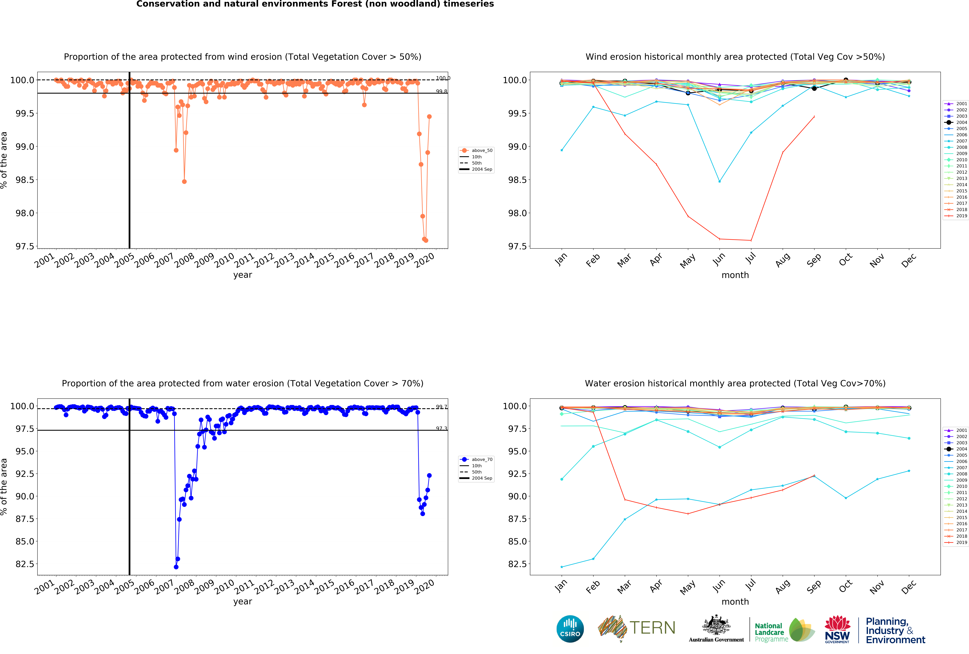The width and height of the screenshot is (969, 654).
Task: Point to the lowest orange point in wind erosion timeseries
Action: [x=426, y=240]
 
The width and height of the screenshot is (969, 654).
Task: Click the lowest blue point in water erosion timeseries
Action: [x=176, y=567]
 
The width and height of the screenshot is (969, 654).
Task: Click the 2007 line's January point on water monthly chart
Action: [x=562, y=567]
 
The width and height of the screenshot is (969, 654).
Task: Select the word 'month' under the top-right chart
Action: [x=735, y=275]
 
